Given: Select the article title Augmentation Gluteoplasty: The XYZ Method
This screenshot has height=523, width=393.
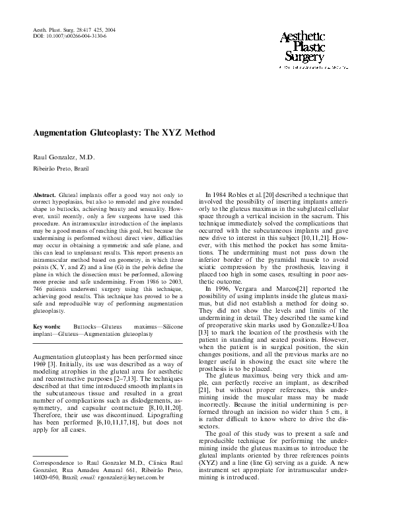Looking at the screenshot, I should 124,132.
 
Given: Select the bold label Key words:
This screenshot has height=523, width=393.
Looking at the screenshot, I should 46,327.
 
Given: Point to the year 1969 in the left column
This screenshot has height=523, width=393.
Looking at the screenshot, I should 41,363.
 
